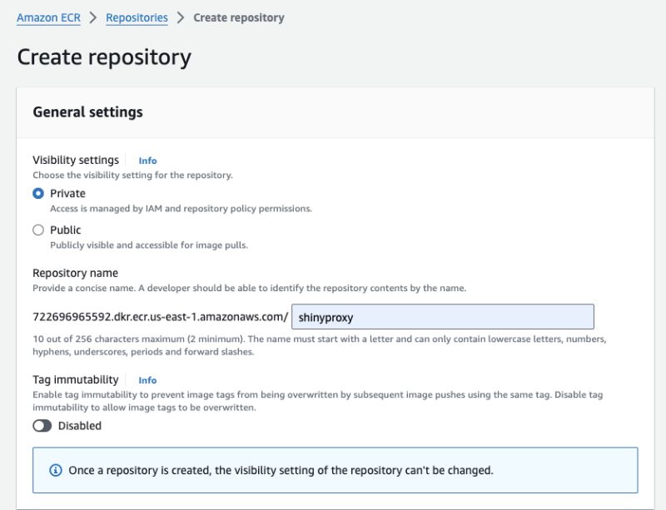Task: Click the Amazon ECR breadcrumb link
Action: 49,17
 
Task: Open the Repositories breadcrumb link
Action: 137,17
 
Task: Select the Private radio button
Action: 37,193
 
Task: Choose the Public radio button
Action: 37,230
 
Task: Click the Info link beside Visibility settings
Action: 147,161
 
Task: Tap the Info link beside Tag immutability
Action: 147,380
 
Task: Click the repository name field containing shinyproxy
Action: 442,317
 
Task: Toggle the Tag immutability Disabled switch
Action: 42,426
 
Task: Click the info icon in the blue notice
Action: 56,470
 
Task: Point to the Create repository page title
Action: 104,57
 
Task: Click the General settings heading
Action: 87,112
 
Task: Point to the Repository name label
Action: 75,273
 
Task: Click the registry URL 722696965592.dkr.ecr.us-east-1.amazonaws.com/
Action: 160,317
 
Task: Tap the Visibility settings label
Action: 76,161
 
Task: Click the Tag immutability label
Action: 76,379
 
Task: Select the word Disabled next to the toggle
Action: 80,426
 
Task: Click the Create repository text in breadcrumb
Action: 238,17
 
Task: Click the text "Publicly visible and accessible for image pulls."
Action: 149,245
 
